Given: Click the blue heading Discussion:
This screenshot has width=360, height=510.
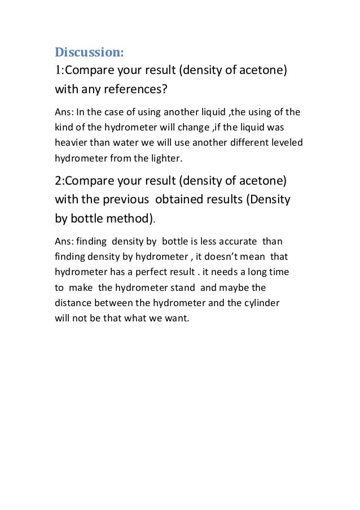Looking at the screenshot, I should click(x=89, y=53).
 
